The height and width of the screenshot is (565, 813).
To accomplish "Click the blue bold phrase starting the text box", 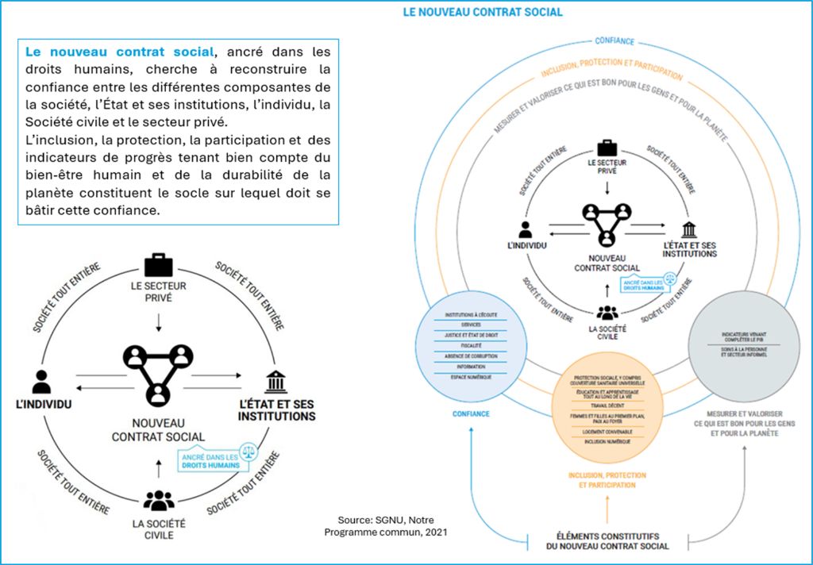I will [119, 52].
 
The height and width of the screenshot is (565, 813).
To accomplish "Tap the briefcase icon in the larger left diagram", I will [158, 265].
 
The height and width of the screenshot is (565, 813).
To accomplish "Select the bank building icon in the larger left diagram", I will [276, 382].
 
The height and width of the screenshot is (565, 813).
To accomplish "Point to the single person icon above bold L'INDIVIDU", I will [41, 382].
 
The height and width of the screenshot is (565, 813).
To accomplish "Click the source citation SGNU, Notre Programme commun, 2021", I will [386, 525].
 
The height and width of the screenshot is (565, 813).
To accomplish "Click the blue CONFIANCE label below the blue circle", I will [471, 413].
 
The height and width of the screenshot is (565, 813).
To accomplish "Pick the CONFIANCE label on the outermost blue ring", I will [614, 41].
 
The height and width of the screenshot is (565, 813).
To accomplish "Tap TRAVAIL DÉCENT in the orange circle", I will [607, 405].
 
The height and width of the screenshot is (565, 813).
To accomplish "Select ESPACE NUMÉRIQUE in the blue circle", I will [471, 377].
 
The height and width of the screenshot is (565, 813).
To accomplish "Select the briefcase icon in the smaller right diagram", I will [607, 147].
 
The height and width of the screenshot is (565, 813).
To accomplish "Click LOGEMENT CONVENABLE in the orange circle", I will [607, 431].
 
